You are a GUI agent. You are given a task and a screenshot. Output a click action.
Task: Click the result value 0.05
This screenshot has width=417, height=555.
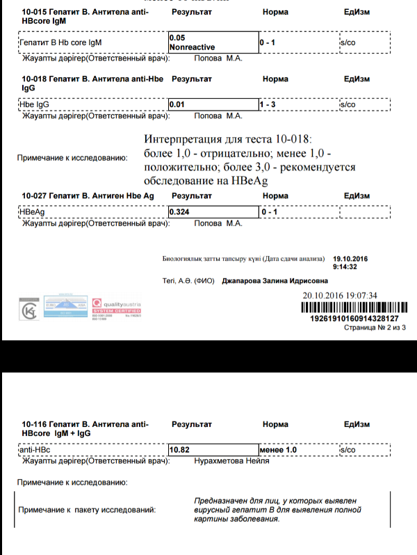(179, 37)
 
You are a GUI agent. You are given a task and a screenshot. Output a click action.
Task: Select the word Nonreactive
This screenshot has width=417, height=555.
(192, 47)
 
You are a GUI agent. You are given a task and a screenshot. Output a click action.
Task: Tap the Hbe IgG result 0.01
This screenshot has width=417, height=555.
(179, 104)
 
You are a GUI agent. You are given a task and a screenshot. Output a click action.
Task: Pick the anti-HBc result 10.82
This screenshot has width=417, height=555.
(181, 450)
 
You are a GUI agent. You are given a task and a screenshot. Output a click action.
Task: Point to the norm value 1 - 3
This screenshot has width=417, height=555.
(268, 104)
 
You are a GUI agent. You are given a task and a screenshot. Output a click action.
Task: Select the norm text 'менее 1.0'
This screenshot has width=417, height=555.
(278, 450)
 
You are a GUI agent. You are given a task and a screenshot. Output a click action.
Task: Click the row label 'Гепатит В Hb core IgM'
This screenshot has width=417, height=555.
(60, 43)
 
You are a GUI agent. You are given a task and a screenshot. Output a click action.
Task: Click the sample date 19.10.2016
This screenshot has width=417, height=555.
(350, 258)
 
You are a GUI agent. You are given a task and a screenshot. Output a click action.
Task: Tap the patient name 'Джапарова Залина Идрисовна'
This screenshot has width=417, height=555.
(274, 282)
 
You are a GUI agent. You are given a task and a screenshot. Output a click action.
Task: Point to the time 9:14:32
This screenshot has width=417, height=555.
(345, 266)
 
